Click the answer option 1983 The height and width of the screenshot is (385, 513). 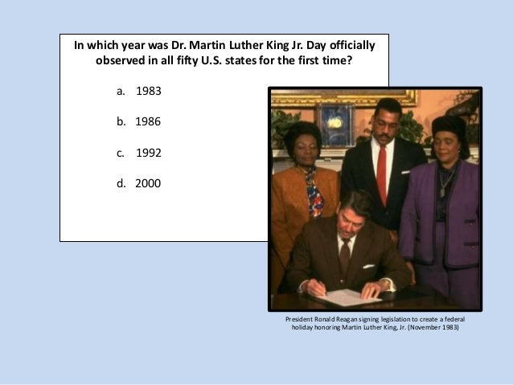click(x=148, y=91)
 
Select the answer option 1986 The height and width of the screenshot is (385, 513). click(x=148, y=122)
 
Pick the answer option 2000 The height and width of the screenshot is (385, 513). click(x=147, y=183)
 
